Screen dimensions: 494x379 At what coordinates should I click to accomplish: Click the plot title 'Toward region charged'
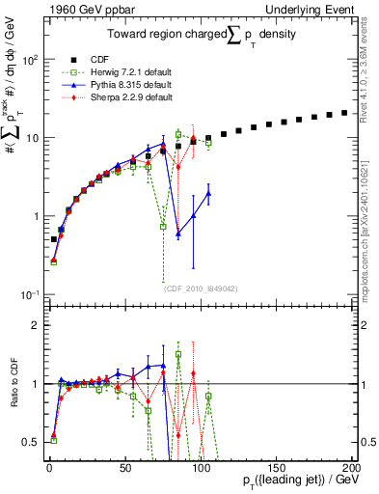(x=167, y=34)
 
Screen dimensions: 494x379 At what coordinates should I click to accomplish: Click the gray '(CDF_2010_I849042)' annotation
(x=201, y=287)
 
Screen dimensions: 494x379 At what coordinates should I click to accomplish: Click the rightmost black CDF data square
(x=344, y=113)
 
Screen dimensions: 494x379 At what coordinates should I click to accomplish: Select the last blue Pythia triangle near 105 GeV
(x=208, y=193)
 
